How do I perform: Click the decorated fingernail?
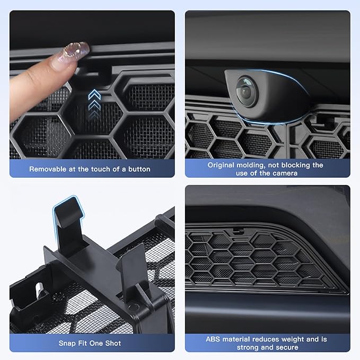click(75, 51)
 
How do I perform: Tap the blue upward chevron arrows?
click(94, 101)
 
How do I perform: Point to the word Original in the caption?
click(222, 165)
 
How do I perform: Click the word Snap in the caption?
click(68, 343)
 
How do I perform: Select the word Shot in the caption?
click(112, 343)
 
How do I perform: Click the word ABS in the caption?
click(214, 339)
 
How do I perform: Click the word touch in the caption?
click(107, 169)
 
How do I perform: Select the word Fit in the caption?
click(83, 343)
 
